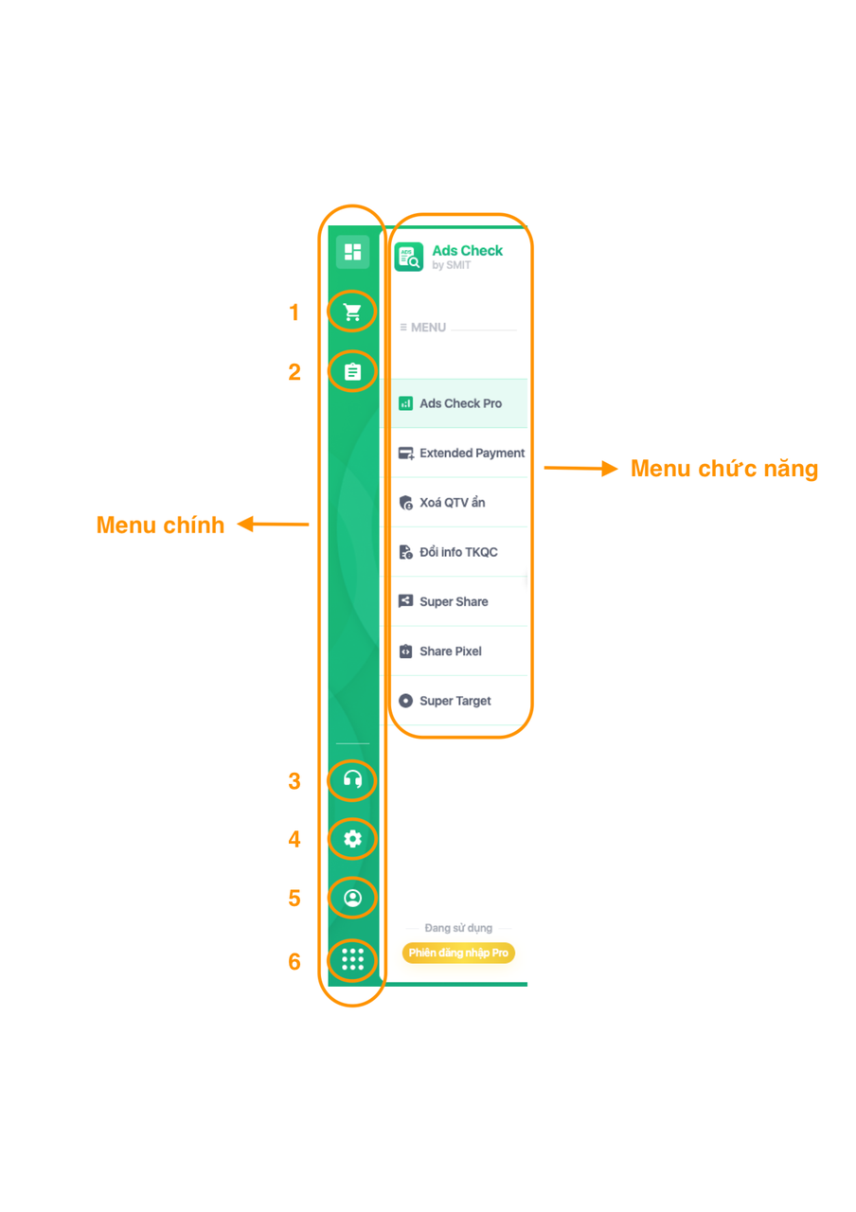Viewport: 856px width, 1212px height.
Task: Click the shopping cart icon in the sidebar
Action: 352,312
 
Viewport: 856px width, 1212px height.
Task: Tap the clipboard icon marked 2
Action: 352,371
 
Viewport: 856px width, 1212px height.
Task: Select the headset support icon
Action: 352,780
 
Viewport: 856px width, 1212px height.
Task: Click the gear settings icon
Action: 352,839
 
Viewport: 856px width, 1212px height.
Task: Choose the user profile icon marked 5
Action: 352,897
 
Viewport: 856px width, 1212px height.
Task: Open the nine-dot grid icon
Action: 352,959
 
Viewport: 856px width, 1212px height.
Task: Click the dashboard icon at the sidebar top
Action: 352,252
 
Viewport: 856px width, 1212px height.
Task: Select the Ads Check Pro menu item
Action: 459,403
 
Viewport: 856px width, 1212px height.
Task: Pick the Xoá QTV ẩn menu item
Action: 451,503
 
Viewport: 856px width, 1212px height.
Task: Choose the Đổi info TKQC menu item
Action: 457,552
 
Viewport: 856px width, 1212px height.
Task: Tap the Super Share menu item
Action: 454,601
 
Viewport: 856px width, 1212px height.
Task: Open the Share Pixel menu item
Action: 450,651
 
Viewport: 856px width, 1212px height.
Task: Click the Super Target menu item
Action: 455,701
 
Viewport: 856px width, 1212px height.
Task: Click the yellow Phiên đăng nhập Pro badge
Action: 458,953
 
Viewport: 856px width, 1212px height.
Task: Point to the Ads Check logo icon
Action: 409,258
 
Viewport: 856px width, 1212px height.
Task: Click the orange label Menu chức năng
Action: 724,469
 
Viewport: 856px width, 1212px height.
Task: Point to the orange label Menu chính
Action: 160,525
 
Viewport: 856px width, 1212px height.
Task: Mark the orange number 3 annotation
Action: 294,781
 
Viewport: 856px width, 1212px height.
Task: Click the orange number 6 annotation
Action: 294,961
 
